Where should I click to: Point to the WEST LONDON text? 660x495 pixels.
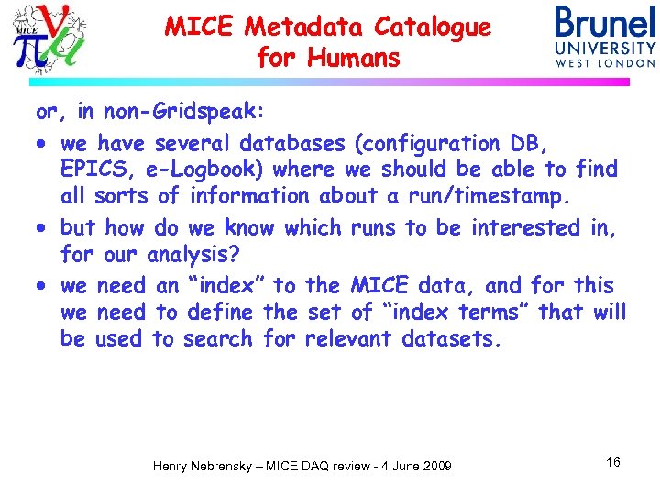point(605,63)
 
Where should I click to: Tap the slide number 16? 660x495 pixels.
point(612,462)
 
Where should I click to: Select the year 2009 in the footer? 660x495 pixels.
point(434,467)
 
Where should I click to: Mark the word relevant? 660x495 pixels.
point(348,339)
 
